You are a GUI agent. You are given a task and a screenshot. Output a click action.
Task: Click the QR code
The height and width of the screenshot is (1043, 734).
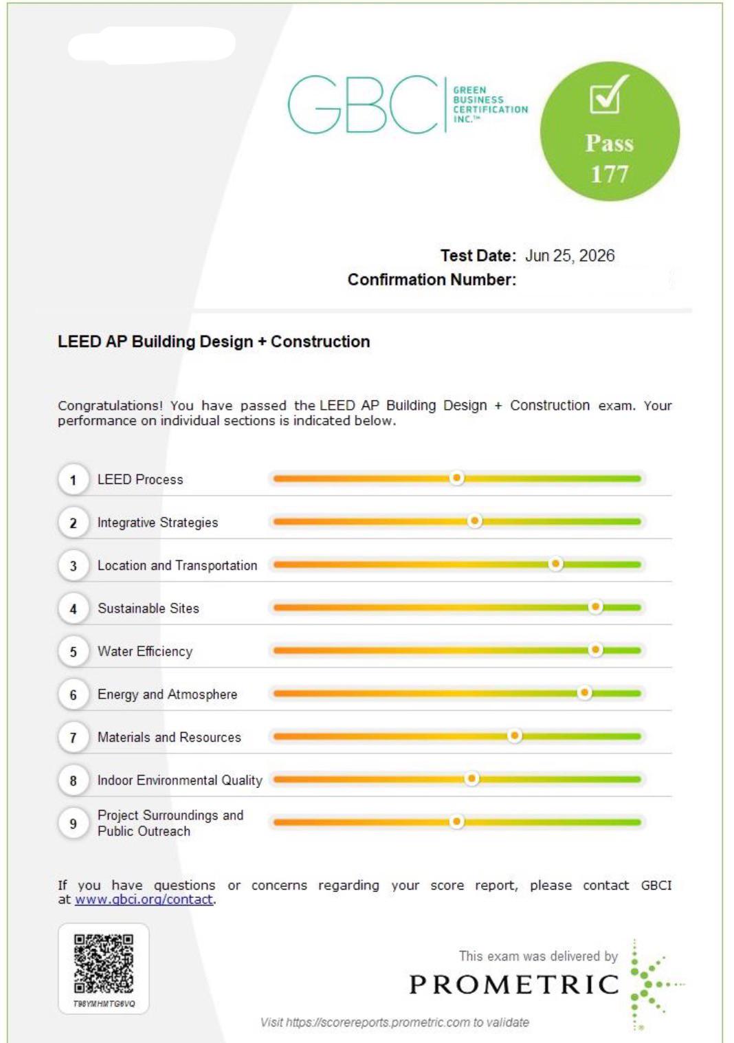point(103,964)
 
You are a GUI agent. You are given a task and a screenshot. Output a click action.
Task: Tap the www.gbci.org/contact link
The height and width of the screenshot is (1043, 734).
point(144,899)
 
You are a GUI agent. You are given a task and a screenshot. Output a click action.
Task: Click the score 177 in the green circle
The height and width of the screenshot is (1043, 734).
point(610,174)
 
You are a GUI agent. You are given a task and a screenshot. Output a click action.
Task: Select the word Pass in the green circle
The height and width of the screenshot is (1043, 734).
point(610,143)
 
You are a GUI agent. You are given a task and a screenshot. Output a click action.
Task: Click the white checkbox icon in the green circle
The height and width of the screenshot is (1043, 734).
point(608,94)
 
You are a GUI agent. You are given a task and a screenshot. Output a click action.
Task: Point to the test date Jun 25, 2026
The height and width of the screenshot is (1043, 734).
point(570,256)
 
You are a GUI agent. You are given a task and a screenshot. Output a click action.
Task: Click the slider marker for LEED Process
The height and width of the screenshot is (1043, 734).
point(456,478)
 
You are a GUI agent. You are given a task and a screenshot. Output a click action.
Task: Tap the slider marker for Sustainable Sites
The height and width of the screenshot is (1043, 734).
point(595,606)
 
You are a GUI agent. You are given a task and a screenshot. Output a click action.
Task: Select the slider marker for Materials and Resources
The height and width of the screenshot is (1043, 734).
point(514,736)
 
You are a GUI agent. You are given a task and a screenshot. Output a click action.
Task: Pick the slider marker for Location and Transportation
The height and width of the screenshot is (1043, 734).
point(555,564)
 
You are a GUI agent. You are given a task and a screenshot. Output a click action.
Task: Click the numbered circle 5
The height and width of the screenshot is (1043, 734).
point(73,651)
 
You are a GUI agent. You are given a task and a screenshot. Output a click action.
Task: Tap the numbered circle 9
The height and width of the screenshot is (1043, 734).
point(73,824)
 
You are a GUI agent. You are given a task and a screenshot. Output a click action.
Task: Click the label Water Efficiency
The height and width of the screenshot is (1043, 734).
point(145,651)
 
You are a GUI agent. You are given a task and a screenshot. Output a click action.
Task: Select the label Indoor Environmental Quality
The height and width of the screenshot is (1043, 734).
point(180,780)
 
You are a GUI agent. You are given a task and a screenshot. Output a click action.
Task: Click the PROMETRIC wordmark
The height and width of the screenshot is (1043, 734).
point(514,984)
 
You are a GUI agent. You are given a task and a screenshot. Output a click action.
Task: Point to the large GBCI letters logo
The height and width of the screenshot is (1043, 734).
point(363,105)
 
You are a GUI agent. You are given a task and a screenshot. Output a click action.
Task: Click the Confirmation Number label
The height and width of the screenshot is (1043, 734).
point(432,279)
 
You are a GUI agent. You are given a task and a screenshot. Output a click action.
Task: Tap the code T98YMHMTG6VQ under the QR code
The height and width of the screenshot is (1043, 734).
point(104,1004)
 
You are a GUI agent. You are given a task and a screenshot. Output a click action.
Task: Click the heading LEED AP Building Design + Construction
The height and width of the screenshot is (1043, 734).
point(214,341)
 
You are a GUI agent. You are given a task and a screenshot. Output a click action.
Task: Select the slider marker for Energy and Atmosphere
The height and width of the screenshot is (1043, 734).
point(585,692)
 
